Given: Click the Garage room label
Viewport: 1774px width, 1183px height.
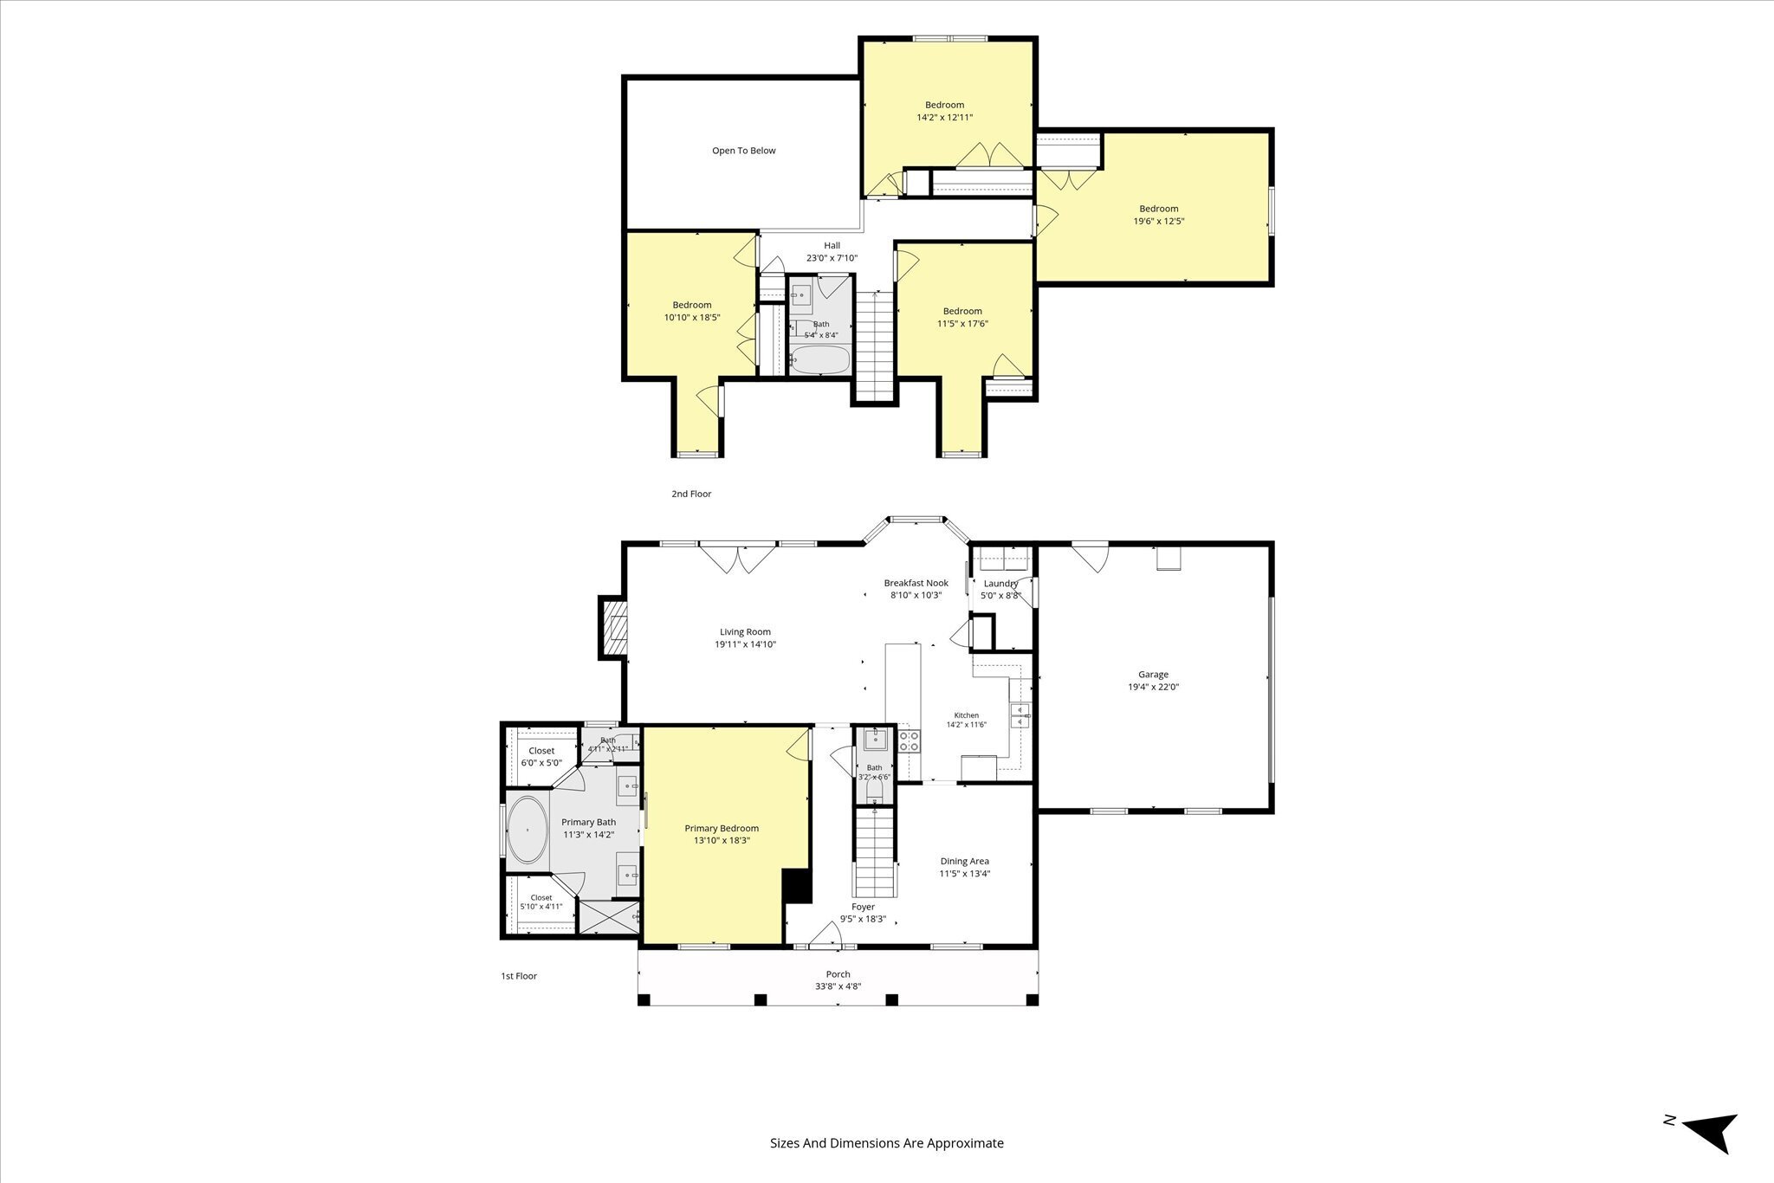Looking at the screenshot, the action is coord(1153,675).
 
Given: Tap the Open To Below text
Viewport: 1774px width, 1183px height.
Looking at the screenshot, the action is coord(743,151).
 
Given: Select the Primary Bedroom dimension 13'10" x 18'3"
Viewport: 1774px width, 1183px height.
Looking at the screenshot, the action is coord(722,840).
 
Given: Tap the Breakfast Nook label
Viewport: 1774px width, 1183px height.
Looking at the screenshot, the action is coord(916,583).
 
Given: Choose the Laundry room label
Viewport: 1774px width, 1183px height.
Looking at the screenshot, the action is coord(1000,584).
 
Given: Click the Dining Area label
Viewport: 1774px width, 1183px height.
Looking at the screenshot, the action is coord(965,862).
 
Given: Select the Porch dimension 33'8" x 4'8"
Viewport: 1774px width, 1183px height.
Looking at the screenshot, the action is coord(838,986).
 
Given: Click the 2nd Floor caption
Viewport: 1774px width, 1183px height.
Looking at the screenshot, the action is coord(691,494).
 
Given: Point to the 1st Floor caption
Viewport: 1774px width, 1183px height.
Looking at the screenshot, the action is coord(519,976).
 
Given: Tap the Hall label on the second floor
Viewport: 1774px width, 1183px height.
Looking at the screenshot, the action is coord(832,246).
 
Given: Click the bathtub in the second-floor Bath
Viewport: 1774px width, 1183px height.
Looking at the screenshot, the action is coord(820,359).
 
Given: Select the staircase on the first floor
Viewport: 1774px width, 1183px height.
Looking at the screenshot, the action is coord(875,852).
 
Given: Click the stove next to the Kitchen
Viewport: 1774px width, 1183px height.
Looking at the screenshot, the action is coord(910,740).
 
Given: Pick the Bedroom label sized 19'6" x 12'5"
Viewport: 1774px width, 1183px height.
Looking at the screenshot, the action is coord(1158,209).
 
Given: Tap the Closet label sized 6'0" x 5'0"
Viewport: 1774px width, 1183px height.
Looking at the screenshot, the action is coord(541,751).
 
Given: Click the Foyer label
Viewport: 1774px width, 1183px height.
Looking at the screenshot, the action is coord(863,907).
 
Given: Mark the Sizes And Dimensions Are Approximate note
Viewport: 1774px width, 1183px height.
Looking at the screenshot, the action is coord(887,1120).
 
